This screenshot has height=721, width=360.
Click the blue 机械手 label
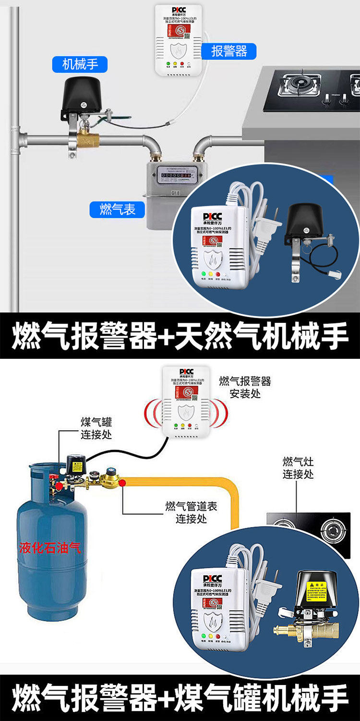[x=80, y=64]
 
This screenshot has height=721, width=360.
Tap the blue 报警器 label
[x=229, y=51]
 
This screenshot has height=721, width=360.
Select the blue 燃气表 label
[x=117, y=209]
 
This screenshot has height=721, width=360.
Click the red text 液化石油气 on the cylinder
[x=50, y=547]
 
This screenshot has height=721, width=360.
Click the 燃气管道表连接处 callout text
[x=191, y=512]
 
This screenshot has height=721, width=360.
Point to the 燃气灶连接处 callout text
[x=298, y=468]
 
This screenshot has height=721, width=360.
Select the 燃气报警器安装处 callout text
[x=245, y=387]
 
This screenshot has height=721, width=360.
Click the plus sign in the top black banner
[x=166, y=336]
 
